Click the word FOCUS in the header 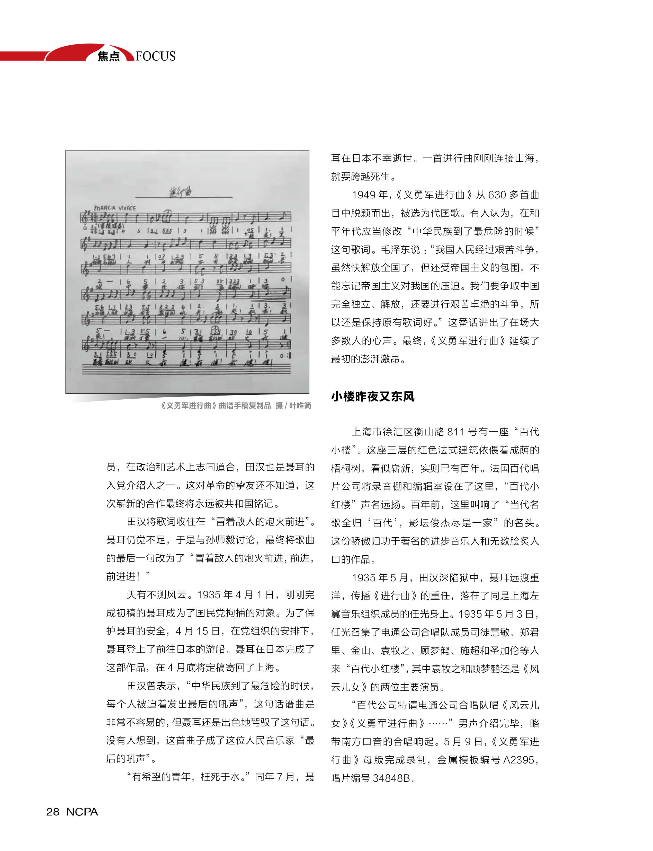coord(156,56)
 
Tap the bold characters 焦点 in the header coord(109,56)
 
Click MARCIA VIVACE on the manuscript coord(115,208)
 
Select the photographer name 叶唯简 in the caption coord(300,406)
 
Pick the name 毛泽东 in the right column coord(395,250)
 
